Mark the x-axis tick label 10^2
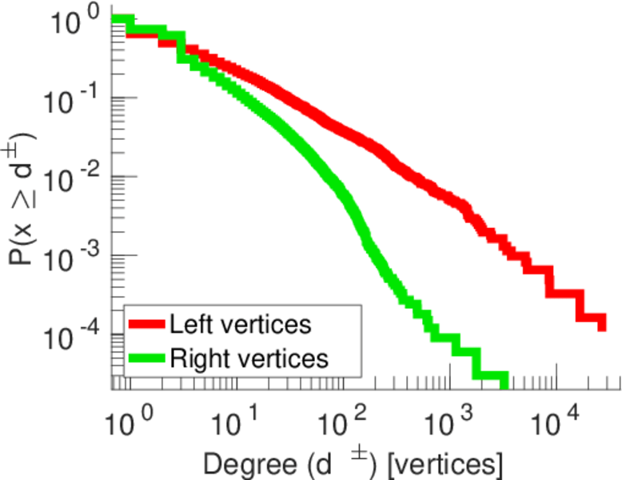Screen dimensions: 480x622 point(341,419)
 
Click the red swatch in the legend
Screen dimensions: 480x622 point(146,325)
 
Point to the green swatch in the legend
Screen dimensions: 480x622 point(146,358)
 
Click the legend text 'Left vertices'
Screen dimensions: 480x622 point(240,324)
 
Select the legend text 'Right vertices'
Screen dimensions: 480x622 point(249,358)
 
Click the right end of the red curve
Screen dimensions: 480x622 point(601,323)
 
